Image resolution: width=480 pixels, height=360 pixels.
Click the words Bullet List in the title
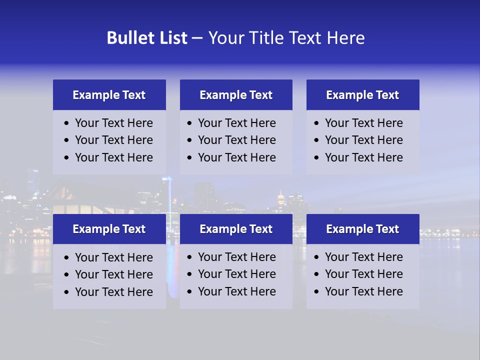pos(147,38)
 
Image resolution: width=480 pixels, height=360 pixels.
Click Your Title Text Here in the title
pos(286,38)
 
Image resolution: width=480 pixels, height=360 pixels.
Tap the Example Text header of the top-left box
pos(109,95)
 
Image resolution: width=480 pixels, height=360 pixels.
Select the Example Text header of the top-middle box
pos(236,95)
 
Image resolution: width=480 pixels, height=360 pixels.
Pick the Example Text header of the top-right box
pos(362,95)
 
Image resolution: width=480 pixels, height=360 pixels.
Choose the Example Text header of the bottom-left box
pos(109,229)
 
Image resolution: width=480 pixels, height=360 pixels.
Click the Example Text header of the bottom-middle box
pos(236,229)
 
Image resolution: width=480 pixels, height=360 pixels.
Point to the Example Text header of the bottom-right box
pos(362,229)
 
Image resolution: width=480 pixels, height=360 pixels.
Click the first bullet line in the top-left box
pos(114,123)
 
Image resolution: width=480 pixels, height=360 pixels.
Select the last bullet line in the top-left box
pos(114,157)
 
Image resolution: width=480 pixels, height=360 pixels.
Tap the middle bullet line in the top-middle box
pos(237,140)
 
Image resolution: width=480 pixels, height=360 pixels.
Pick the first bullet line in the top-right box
pos(364,123)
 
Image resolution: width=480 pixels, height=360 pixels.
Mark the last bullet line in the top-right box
pos(364,157)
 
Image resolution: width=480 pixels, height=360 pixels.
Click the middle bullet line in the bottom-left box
pos(114,274)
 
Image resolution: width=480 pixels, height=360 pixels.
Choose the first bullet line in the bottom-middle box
pos(237,257)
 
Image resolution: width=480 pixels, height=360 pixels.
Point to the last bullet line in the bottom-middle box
pos(237,291)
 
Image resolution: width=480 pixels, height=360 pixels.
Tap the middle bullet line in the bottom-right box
pos(364,274)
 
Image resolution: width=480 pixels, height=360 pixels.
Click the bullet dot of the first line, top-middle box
pos(189,123)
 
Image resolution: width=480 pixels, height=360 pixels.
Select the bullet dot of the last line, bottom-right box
pos(316,292)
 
